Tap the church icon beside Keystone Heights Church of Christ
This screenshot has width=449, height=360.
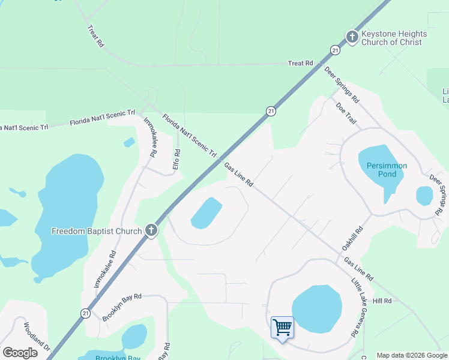(x=352, y=37)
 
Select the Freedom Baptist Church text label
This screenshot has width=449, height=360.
(x=97, y=231)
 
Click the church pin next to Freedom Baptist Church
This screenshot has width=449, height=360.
(x=151, y=230)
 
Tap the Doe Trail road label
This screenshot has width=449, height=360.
(x=346, y=113)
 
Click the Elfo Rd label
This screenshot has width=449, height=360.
(x=176, y=159)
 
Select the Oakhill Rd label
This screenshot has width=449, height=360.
(x=354, y=239)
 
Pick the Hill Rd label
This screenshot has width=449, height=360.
(x=382, y=301)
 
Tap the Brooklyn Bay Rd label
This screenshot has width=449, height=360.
(x=121, y=307)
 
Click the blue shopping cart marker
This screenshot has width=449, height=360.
(x=282, y=328)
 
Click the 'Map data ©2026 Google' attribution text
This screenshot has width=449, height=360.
(x=412, y=355)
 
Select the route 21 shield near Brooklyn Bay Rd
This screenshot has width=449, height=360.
(x=86, y=313)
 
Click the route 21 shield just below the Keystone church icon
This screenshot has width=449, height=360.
(x=335, y=50)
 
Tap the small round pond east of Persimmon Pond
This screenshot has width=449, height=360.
(x=424, y=196)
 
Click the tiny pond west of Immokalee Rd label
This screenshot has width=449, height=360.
(x=129, y=143)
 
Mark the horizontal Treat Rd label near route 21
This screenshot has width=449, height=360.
(x=301, y=63)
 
